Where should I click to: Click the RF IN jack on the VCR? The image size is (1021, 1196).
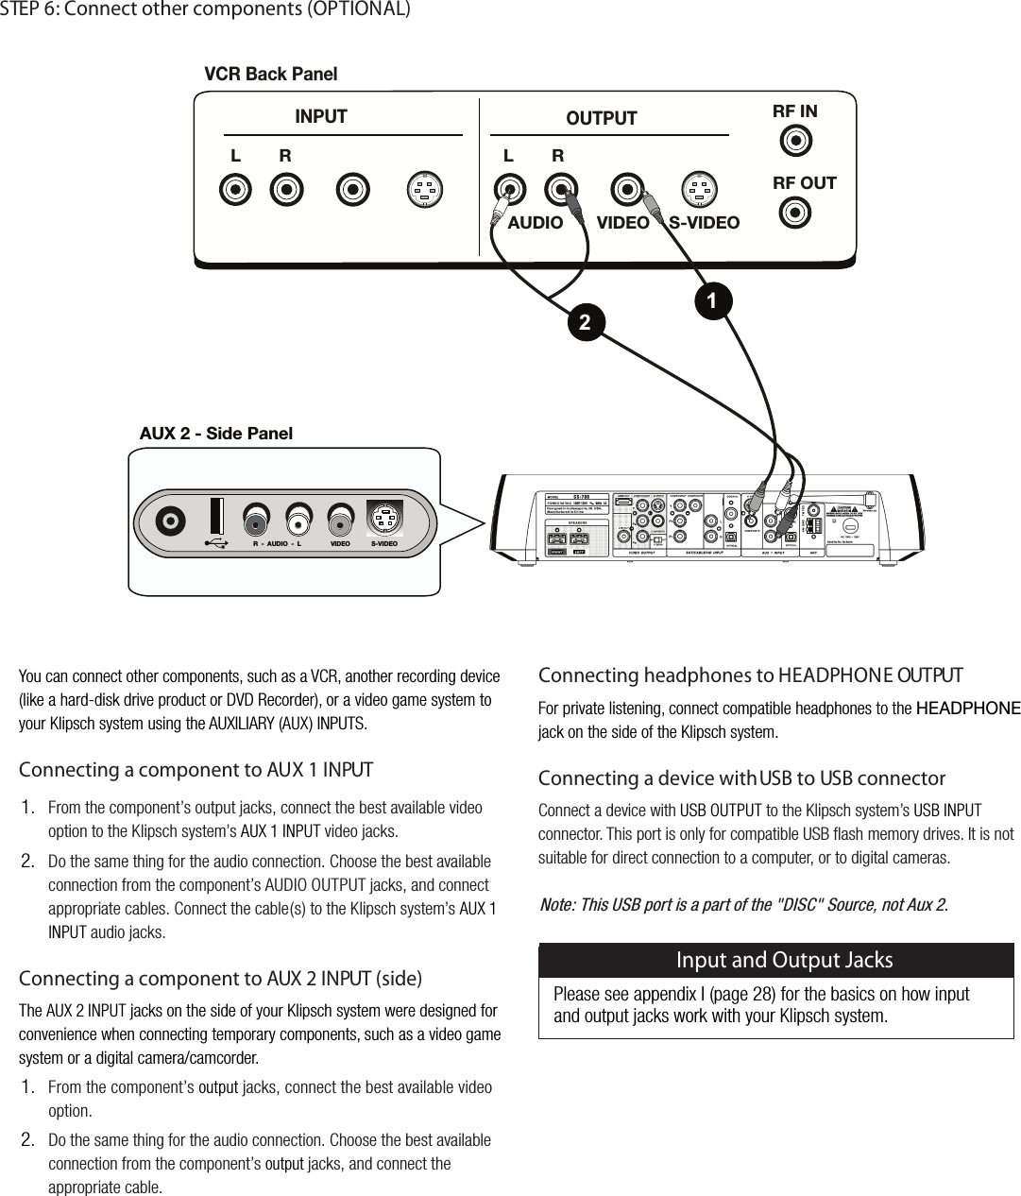[x=796, y=142]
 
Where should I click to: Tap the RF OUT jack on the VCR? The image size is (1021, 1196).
[x=795, y=213]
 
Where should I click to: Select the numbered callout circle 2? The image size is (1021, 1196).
[x=585, y=322]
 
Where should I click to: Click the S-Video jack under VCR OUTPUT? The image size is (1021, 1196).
[x=699, y=190]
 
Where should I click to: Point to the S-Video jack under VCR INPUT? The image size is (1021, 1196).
[x=424, y=190]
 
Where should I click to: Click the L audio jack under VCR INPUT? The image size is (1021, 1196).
[x=235, y=190]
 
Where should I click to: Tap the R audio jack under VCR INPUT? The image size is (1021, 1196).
[x=286, y=190]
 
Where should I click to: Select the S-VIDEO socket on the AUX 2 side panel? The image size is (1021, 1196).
[x=383, y=520]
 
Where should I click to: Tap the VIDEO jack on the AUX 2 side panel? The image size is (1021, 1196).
[x=341, y=521]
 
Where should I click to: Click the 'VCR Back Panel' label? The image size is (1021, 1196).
[x=270, y=74]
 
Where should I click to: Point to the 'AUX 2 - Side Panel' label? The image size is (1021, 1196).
[x=215, y=434]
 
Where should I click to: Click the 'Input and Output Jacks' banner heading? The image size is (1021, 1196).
[x=784, y=960]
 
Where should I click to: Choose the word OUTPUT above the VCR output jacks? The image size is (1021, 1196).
[x=601, y=118]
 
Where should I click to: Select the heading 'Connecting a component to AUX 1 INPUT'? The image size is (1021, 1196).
[x=196, y=770]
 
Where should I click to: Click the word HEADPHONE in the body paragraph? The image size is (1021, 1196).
[x=968, y=709]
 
